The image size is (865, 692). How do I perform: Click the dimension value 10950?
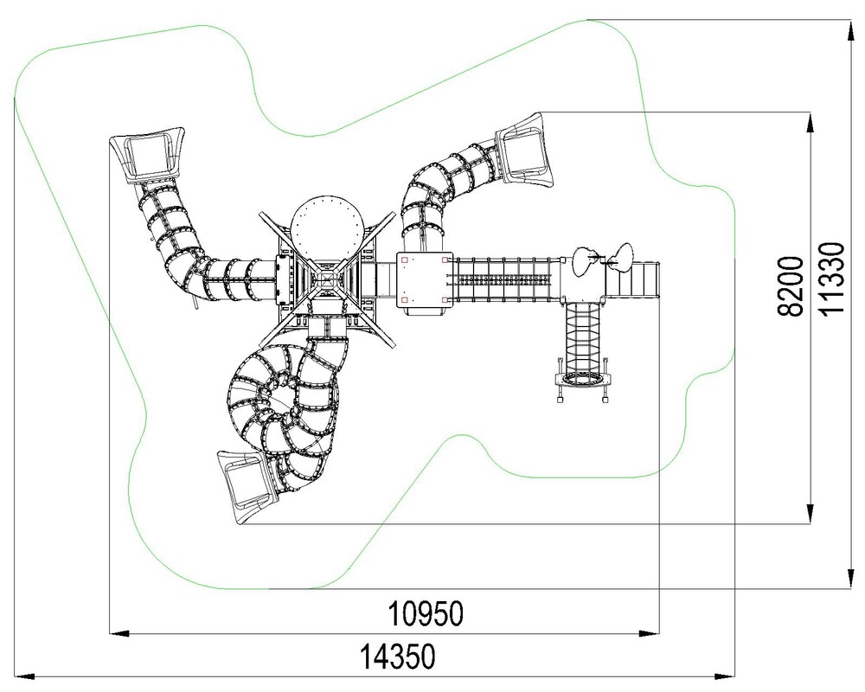click(426, 614)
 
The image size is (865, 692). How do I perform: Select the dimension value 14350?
click(397, 657)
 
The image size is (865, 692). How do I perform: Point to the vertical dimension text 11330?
click(832, 279)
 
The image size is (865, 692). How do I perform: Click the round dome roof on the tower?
click(327, 227)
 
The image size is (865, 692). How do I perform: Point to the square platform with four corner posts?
click(424, 279)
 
